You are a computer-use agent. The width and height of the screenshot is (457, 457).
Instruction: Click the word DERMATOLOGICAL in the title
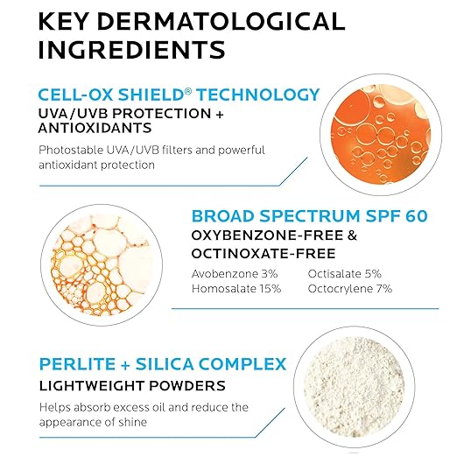pos(221,21)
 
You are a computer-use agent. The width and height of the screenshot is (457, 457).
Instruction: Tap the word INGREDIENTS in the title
pos(132,50)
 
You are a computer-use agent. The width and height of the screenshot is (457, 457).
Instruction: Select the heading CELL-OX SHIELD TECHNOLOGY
pos(179,95)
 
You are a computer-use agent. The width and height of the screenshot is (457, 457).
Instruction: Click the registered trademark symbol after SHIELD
pos(188,91)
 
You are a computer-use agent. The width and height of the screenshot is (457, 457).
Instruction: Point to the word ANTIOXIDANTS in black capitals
pos(95,128)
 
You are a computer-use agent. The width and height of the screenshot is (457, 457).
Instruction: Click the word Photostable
pos(71,150)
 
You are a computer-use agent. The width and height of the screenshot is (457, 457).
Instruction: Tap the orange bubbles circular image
pos(381,135)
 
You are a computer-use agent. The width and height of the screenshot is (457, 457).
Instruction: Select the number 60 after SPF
pos(417,216)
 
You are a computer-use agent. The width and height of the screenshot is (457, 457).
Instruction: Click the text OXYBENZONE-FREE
pos(267,236)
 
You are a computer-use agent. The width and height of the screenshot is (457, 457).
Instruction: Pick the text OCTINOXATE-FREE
pos(264,253)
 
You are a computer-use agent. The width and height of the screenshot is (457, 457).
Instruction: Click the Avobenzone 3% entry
pos(235,274)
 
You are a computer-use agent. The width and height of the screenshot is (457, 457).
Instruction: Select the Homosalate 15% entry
pos(236,289)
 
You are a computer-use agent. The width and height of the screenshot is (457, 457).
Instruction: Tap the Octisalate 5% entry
pos(345,274)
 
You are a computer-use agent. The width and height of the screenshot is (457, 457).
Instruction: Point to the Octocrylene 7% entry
pos(350,289)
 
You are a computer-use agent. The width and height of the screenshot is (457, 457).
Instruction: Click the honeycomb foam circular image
pos(102,265)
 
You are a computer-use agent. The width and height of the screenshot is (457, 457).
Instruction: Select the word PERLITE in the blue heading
pos(77,364)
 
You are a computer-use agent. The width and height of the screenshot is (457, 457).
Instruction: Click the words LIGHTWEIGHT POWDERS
pos(132,385)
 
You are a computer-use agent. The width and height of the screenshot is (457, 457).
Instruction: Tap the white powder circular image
pos(354,387)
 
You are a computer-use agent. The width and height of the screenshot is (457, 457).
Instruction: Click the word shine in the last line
pos(131,422)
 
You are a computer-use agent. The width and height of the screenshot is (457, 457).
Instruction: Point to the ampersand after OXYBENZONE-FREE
pos(352,236)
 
